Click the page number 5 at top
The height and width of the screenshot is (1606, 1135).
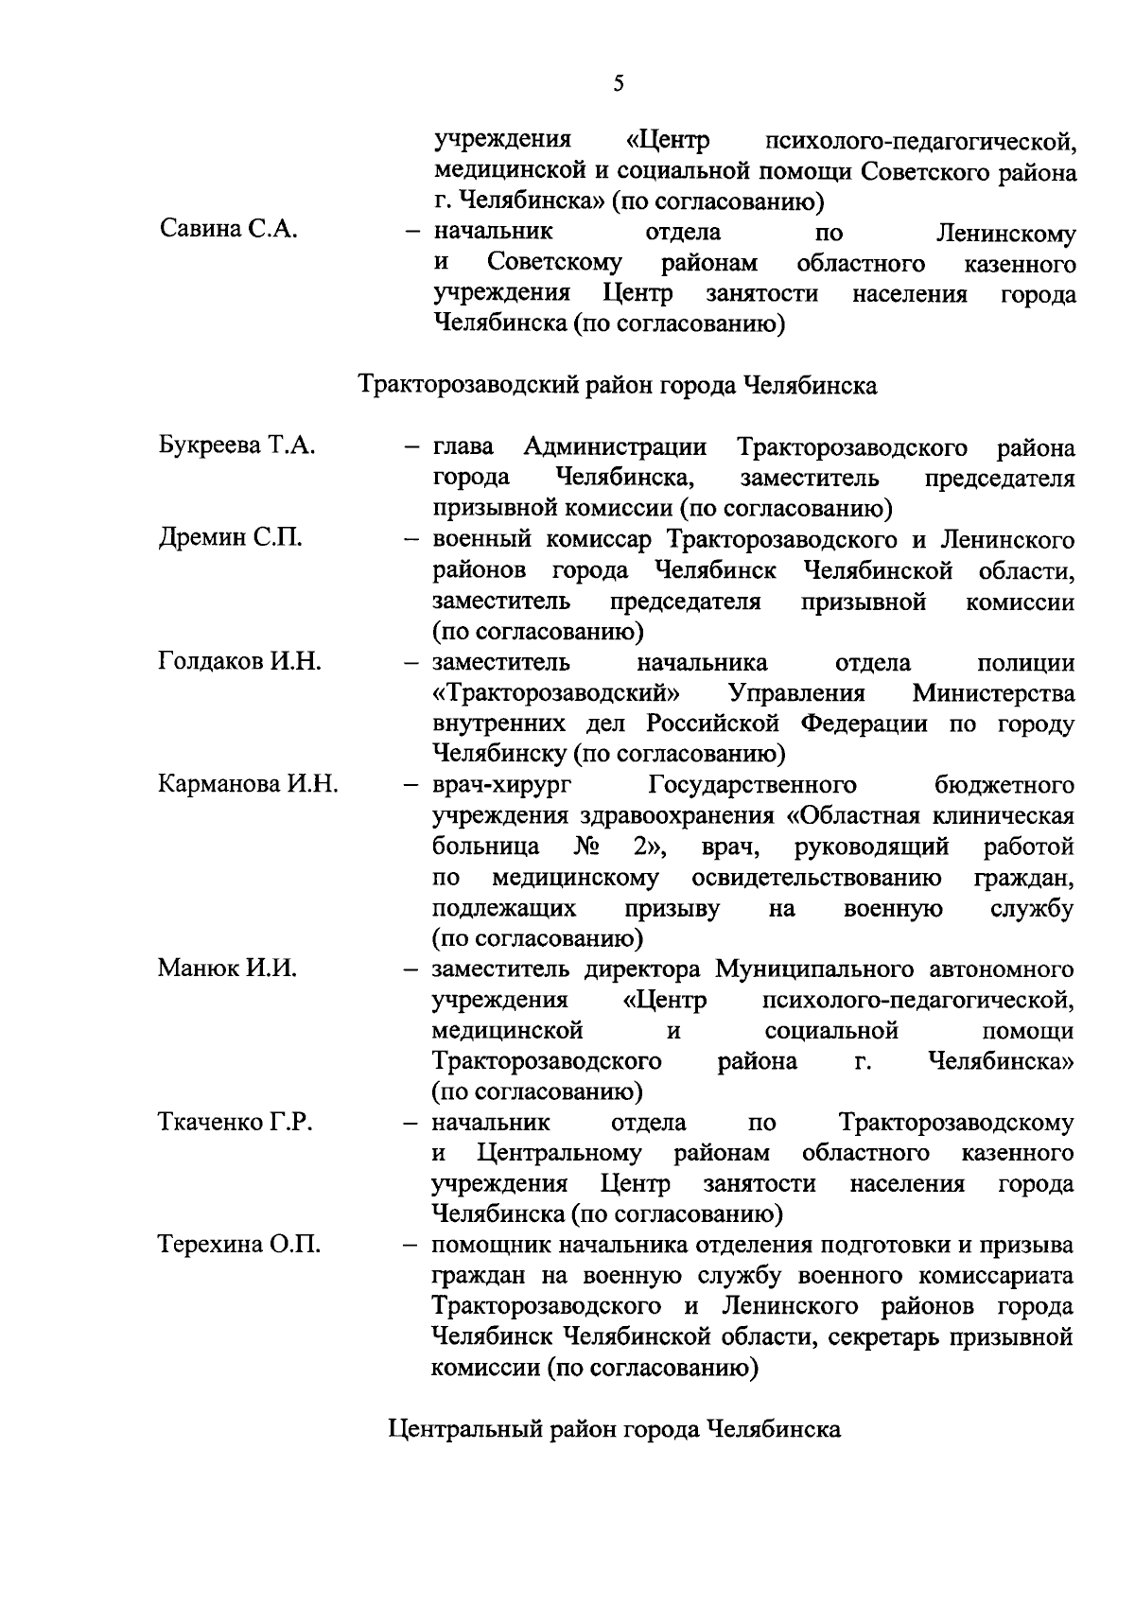click(x=619, y=84)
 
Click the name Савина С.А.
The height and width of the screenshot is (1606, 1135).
click(x=228, y=230)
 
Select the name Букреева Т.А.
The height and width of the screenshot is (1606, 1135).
click(x=236, y=445)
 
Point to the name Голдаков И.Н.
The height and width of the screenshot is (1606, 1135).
click(x=239, y=661)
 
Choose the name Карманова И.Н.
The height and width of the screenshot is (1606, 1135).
click(x=248, y=784)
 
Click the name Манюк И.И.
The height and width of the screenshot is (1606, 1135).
click(x=227, y=969)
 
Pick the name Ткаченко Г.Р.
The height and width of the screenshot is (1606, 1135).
click(x=235, y=1122)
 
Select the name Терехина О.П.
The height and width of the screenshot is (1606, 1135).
click(x=238, y=1245)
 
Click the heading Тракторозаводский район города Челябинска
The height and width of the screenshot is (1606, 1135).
click(x=618, y=386)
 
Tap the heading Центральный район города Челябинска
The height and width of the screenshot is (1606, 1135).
click(x=615, y=1429)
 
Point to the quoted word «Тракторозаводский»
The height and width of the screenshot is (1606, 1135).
click(x=556, y=693)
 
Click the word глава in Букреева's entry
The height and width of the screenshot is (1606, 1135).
click(x=464, y=446)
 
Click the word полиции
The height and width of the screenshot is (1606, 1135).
click(x=1025, y=662)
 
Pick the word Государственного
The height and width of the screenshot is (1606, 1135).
click(x=752, y=785)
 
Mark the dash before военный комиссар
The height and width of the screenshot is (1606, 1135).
click(x=410, y=540)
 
